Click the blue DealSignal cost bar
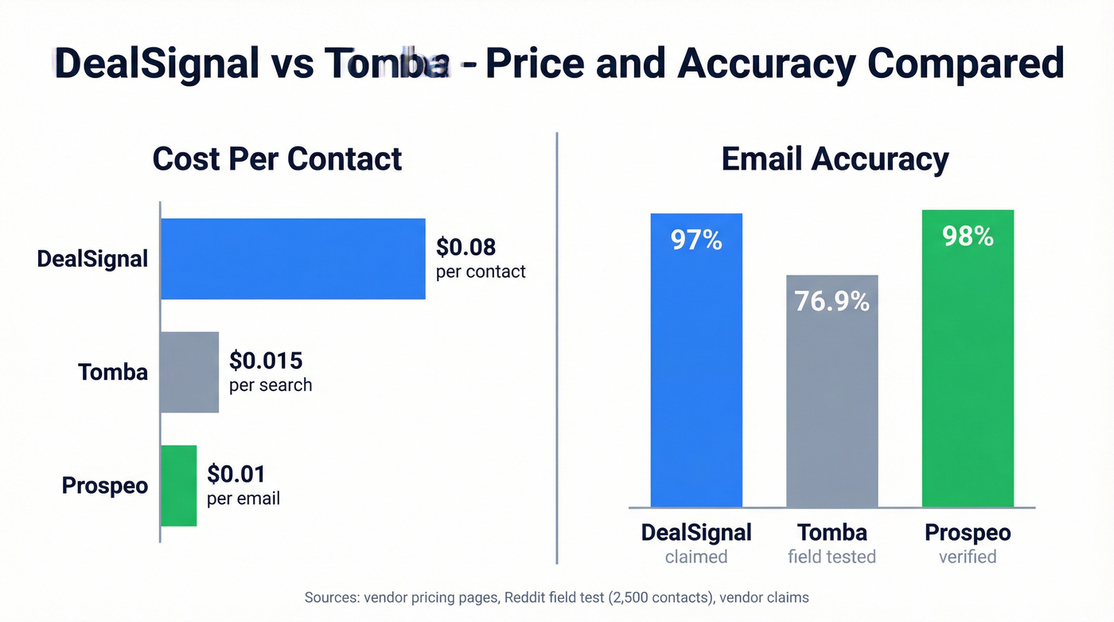(x=293, y=259)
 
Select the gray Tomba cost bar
(x=189, y=372)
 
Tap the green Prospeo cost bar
(x=178, y=485)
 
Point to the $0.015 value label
(x=266, y=361)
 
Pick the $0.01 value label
(x=236, y=474)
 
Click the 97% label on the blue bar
(x=696, y=240)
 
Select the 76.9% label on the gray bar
(x=832, y=301)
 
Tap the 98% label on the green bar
(x=968, y=237)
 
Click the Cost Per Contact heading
(x=277, y=158)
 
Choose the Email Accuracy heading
(x=835, y=158)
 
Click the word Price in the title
(x=537, y=63)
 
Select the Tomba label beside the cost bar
(x=113, y=372)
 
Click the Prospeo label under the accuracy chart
(x=968, y=532)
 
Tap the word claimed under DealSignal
(x=696, y=557)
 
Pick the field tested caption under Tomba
(x=832, y=557)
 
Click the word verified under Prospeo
(x=968, y=557)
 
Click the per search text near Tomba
(x=271, y=385)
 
